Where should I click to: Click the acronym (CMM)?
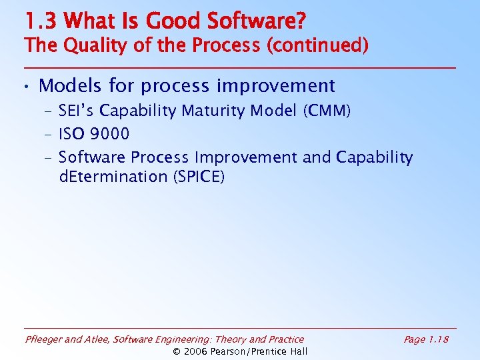click(326, 111)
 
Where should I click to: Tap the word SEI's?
click(77, 111)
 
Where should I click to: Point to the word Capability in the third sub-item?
click(374, 157)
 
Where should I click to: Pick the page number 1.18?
click(438, 339)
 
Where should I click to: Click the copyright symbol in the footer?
click(177, 351)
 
